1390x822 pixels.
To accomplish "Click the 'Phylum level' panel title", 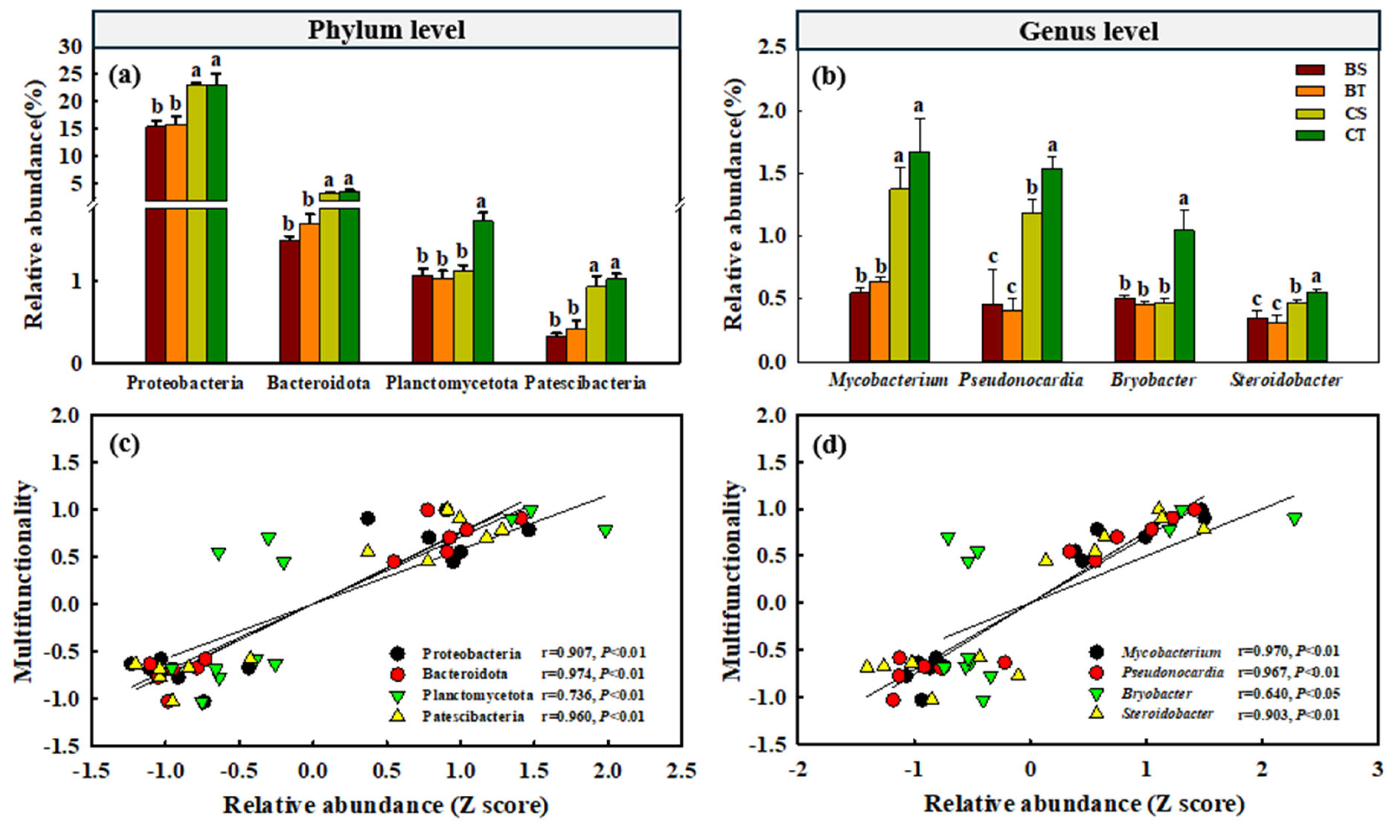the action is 386,30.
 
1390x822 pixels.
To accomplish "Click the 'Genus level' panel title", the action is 1089,31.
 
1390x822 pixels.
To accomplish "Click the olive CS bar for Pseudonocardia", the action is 1032,287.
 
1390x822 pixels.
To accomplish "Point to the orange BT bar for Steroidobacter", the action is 1277,342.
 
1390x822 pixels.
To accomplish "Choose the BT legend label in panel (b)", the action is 1355,91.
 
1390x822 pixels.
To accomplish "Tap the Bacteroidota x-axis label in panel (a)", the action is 318,383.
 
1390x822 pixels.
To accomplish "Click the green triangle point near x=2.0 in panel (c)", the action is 605,531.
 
